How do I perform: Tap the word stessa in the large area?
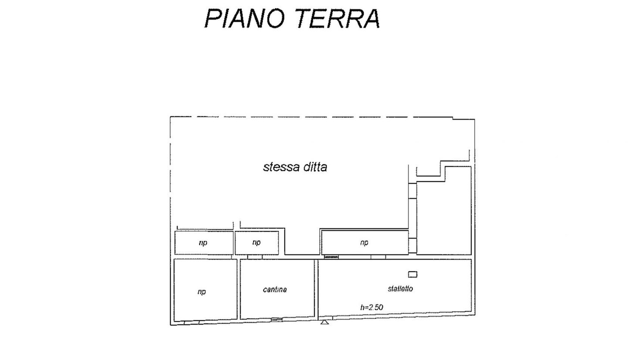281,167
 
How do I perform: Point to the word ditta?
315,167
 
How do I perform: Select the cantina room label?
275,290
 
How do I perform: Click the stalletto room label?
400,289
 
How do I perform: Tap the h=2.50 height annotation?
372,308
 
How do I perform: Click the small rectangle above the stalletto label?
413,274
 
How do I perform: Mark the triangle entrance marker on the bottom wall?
324,322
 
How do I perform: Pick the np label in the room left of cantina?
201,292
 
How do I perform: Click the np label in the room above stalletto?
364,243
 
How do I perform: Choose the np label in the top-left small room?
203,243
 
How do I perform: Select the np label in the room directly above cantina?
256,243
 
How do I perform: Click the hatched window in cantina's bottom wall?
276,319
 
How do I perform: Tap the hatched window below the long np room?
331,257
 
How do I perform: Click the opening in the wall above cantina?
255,257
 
